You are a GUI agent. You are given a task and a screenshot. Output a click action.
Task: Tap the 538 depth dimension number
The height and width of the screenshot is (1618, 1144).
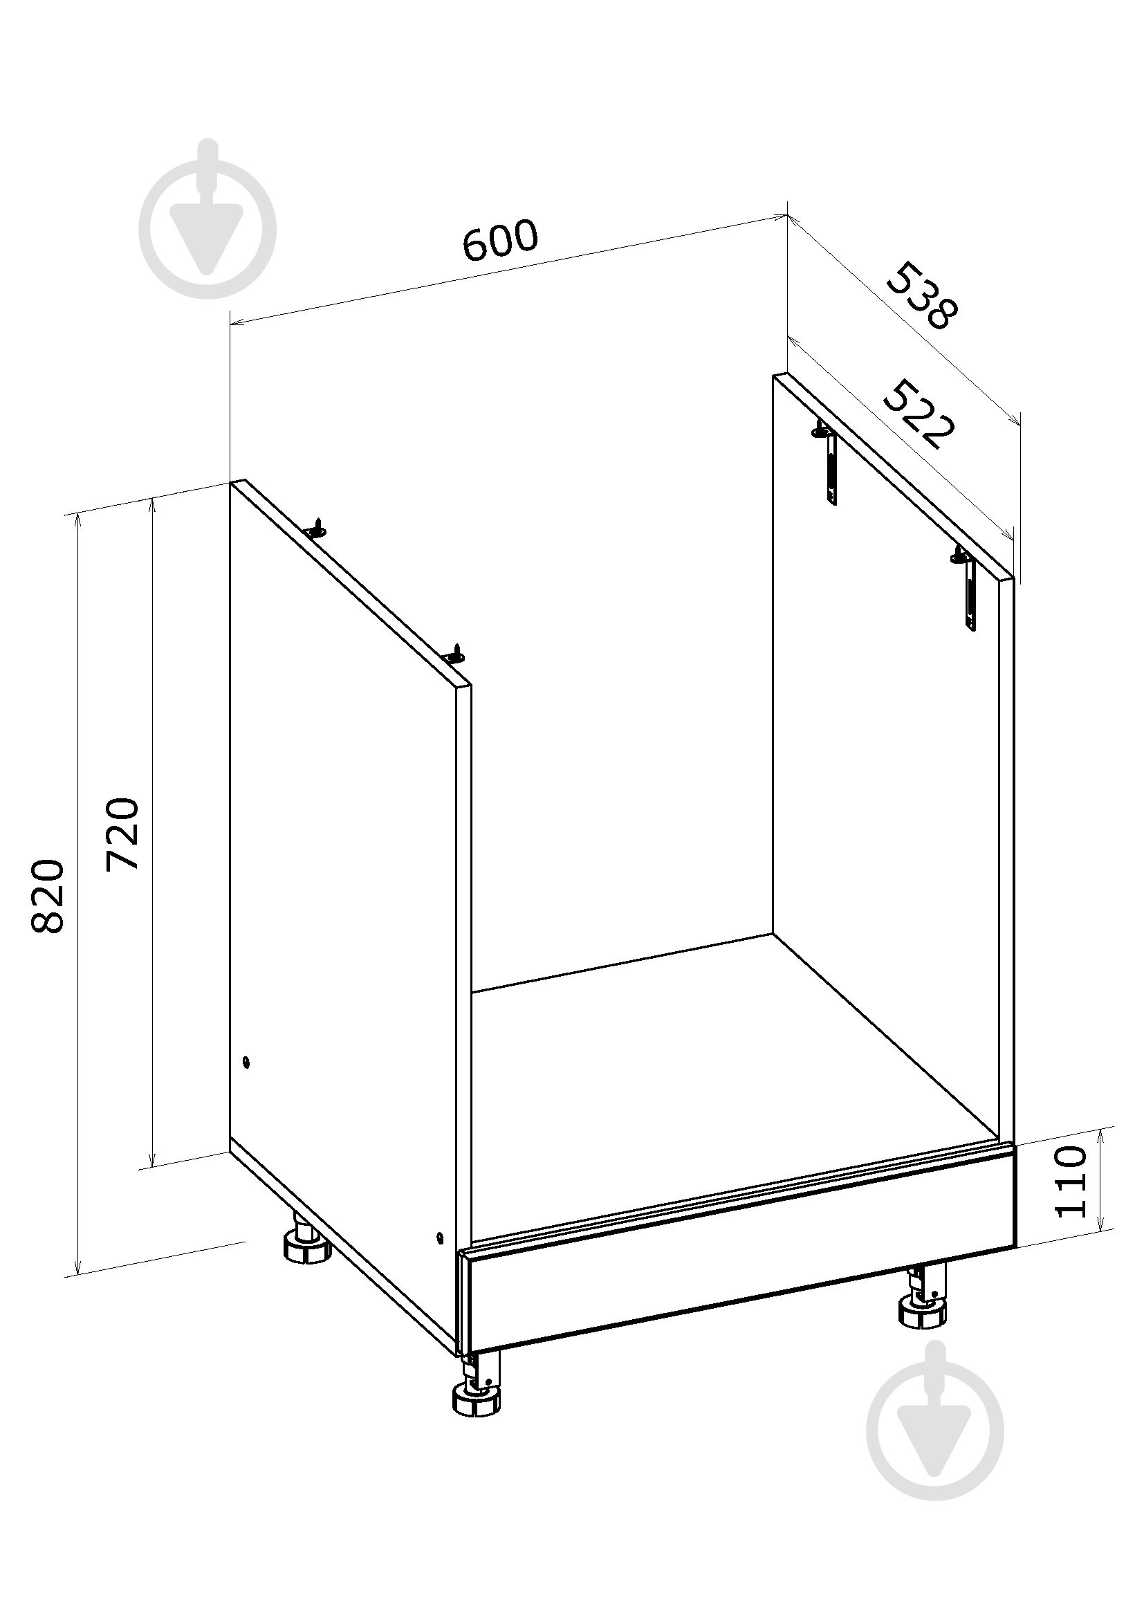point(922,296)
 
